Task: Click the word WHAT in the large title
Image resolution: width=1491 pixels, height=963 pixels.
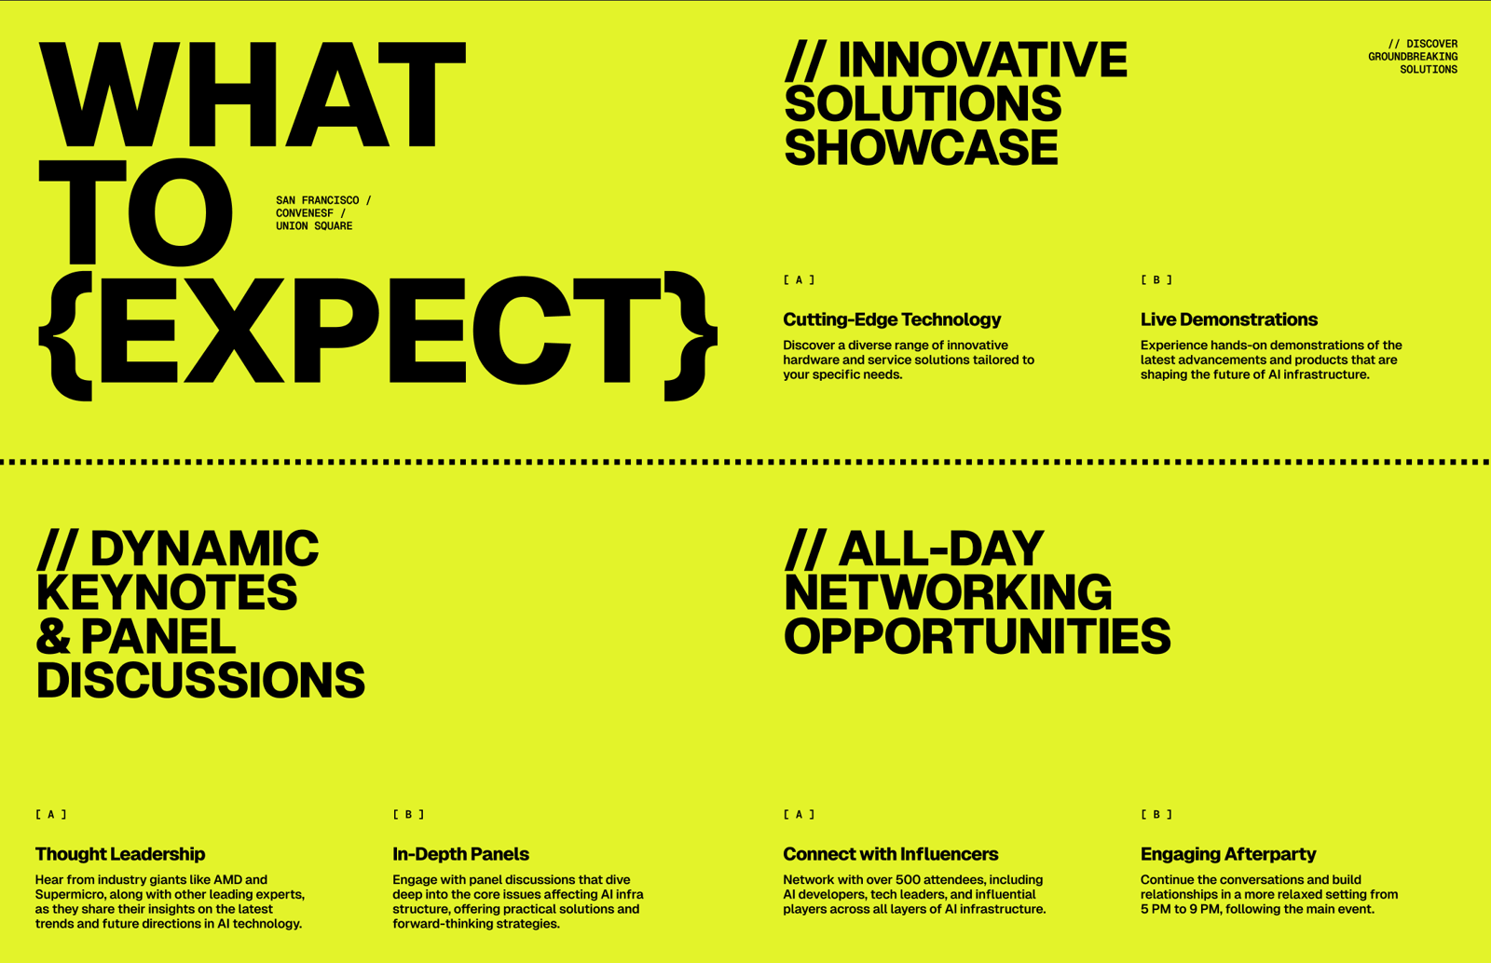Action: pyautogui.click(x=253, y=94)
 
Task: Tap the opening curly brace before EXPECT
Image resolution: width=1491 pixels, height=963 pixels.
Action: pyautogui.click(x=65, y=336)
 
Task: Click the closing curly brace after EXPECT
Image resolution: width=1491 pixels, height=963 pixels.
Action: pyautogui.click(x=691, y=336)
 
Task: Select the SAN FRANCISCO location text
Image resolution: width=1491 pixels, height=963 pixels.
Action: pyautogui.click(x=318, y=200)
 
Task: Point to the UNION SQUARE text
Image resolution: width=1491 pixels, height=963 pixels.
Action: pyautogui.click(x=314, y=226)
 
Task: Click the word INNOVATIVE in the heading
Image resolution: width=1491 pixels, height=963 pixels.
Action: pyautogui.click(x=982, y=60)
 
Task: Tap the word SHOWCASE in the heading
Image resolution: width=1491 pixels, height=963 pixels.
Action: pyautogui.click(x=922, y=148)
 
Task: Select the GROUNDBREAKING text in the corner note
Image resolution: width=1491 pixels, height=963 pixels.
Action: pyautogui.click(x=1413, y=57)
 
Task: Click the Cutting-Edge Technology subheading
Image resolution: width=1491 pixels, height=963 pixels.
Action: pyautogui.click(x=892, y=319)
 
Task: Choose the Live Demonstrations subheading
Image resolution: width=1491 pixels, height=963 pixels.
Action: pyautogui.click(x=1229, y=319)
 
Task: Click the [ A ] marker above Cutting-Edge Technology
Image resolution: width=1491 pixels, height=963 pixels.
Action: pyautogui.click(x=799, y=280)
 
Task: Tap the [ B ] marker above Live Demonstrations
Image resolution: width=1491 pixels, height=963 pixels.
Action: pyautogui.click(x=1156, y=280)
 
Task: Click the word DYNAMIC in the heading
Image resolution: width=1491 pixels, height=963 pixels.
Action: pyautogui.click(x=204, y=549)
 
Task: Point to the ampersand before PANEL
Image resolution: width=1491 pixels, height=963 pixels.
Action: pyautogui.click(x=53, y=636)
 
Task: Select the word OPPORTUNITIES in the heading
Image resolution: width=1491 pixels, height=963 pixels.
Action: pyautogui.click(x=978, y=636)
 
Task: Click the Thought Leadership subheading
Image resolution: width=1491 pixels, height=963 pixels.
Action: pyautogui.click(x=120, y=854)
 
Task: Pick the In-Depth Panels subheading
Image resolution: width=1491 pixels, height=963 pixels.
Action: pyautogui.click(x=460, y=854)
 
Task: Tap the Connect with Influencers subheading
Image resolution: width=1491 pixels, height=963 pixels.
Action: pyautogui.click(x=891, y=854)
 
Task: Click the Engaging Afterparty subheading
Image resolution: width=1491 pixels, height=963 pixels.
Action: pyautogui.click(x=1228, y=854)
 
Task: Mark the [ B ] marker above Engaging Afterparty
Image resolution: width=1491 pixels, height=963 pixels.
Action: pyautogui.click(x=1156, y=815)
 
